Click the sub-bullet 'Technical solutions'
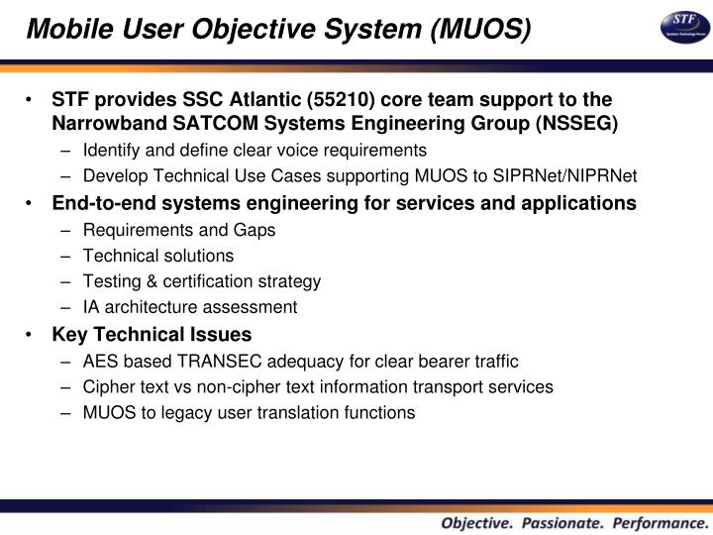tap(158, 256)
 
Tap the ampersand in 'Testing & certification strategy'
tap(147, 281)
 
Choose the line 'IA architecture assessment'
tap(190, 307)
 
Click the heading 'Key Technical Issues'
tap(152, 334)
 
